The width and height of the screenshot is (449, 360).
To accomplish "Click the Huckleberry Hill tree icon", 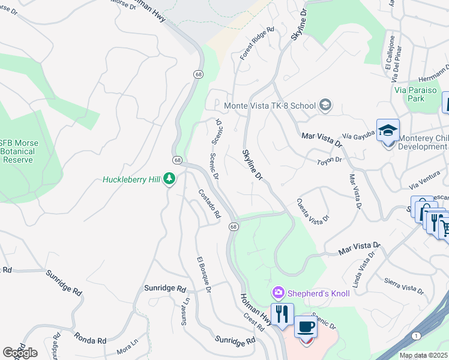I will coord(170,179).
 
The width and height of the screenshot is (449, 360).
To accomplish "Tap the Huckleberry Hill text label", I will coord(132,179).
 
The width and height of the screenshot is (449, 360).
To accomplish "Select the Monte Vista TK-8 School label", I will coord(270,106).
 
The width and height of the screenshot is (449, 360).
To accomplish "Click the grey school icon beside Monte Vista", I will coord(325,106).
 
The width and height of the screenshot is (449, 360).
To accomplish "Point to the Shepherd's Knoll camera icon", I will coord(278,293).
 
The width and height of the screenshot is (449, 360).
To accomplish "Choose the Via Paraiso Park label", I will coord(416,94).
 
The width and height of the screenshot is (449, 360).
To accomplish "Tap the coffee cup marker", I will coord(306,328).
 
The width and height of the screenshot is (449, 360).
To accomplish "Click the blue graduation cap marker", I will coord(388,130).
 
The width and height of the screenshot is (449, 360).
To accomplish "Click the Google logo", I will coord(20,352).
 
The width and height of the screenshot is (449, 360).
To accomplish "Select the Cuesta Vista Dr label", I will coord(313,212).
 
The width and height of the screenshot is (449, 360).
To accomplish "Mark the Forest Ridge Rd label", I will coord(257,43).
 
